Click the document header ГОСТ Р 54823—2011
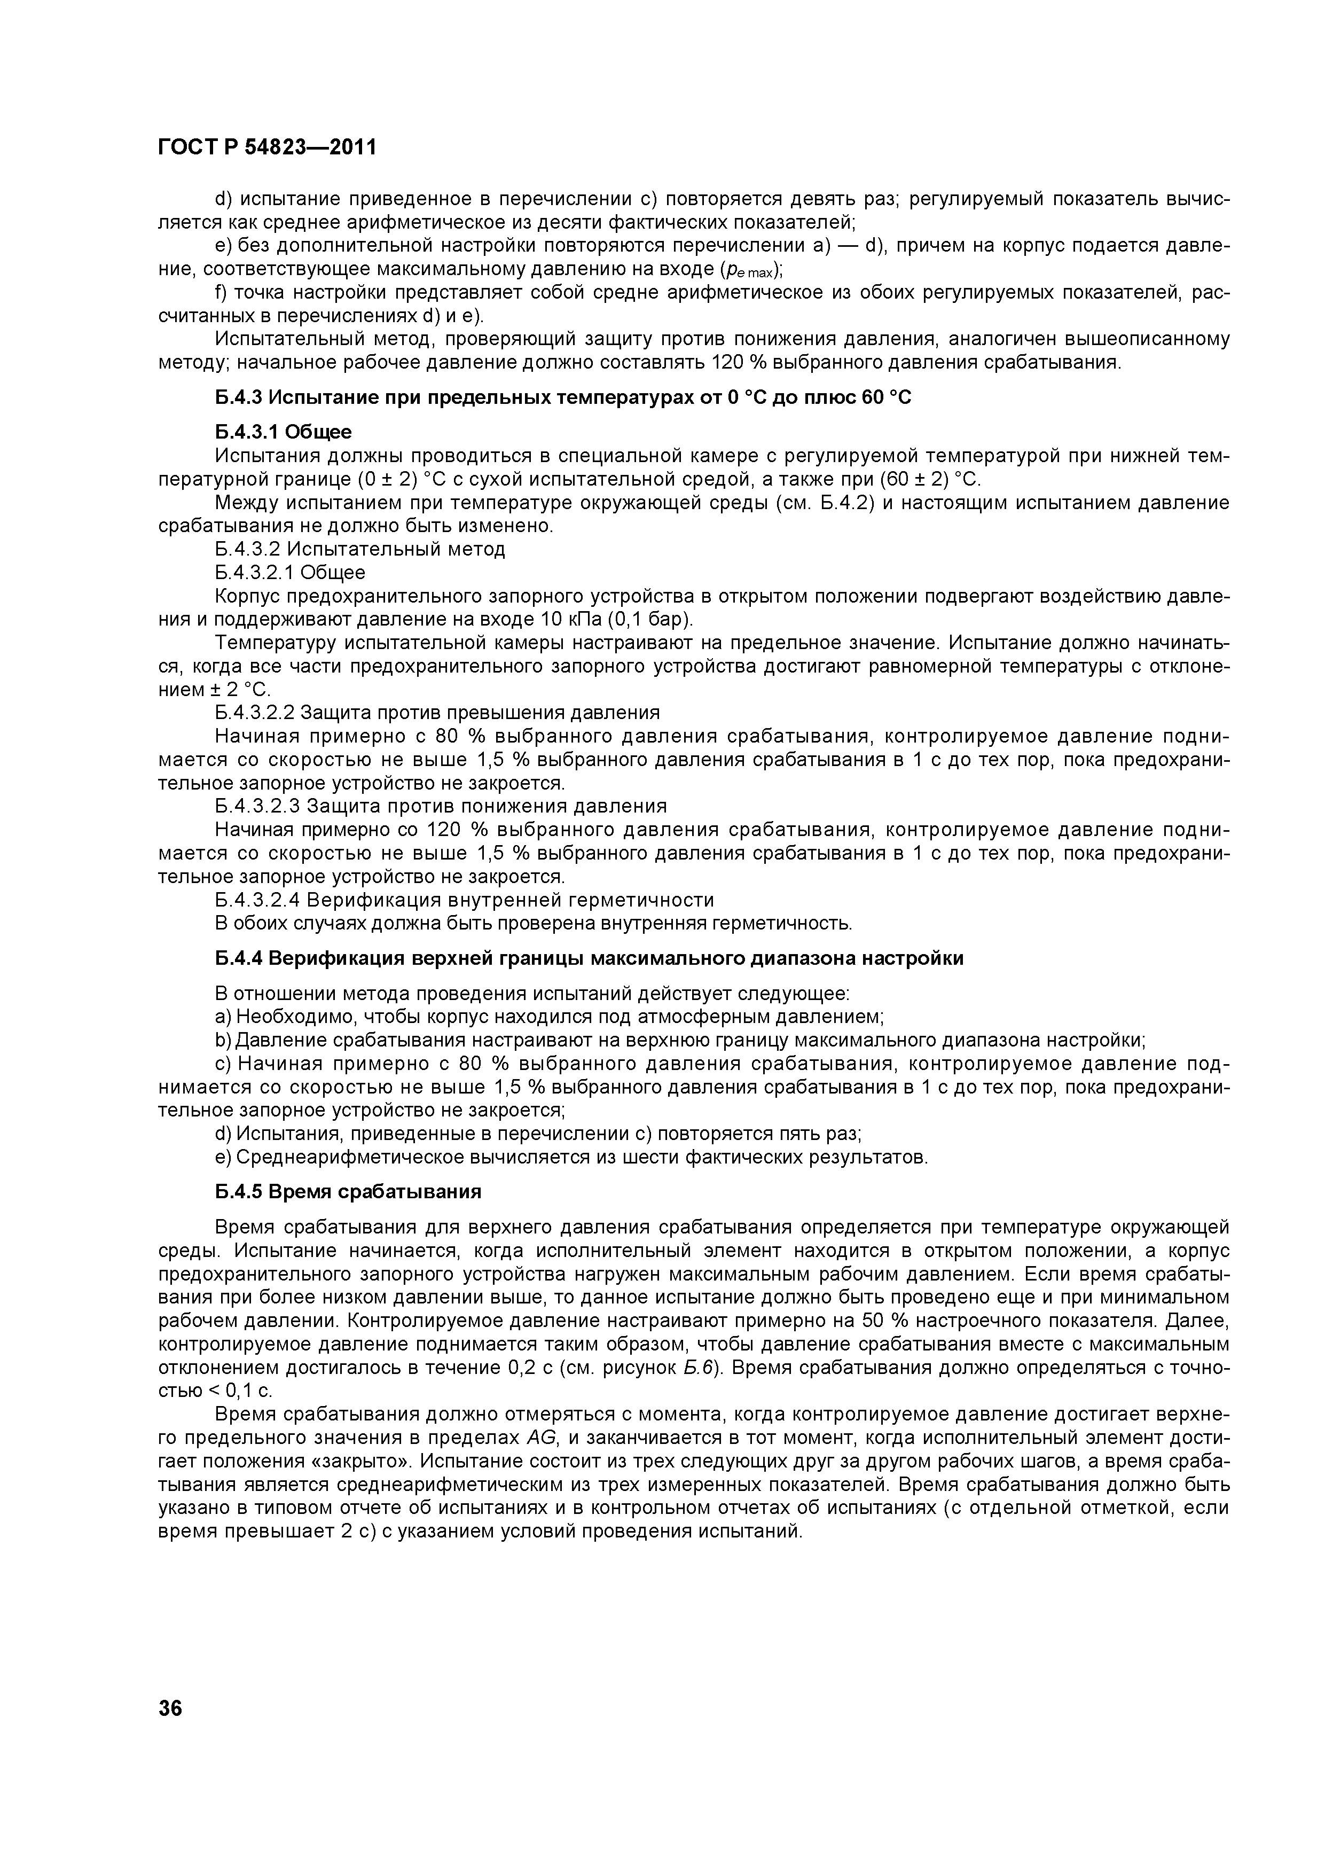tap(267, 148)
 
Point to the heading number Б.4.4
tap(240, 958)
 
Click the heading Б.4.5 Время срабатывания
tap(348, 1192)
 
